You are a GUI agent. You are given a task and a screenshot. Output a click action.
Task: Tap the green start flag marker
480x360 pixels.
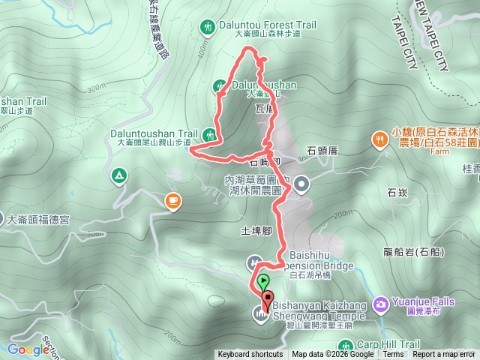[x=262, y=283]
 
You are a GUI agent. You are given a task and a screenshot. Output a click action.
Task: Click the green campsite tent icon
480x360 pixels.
[x=118, y=176]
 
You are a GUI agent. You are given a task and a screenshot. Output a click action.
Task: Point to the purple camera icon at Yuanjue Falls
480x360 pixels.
[x=380, y=302]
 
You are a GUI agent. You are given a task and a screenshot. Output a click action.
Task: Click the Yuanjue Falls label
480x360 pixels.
[x=421, y=302]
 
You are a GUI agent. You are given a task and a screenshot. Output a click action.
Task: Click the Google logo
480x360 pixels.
[x=28, y=349]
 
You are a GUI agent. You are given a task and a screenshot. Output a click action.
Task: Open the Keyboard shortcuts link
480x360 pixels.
[x=250, y=355]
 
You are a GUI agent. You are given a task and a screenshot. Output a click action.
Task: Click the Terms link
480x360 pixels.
[x=393, y=355]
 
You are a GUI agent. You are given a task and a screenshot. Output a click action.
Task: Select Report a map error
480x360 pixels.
[x=444, y=355]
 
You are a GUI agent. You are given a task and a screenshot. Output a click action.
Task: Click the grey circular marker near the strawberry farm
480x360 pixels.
[x=301, y=183]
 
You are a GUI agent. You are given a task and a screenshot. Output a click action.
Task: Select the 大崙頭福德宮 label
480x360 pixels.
[x=37, y=220]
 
